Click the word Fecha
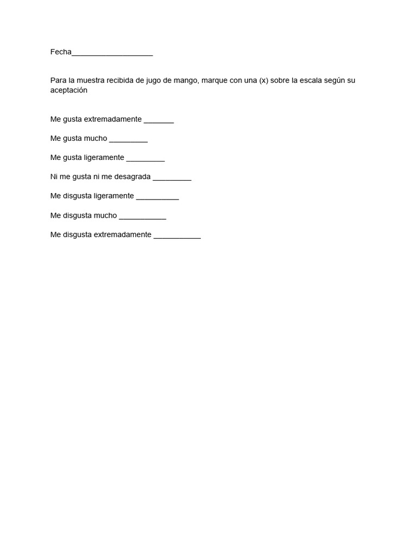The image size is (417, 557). pos(61,52)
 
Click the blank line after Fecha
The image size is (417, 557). pos(112,54)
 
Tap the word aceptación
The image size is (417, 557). pos(69,91)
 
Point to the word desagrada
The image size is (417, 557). pos(132,177)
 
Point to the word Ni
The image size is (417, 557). pos(54,177)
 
